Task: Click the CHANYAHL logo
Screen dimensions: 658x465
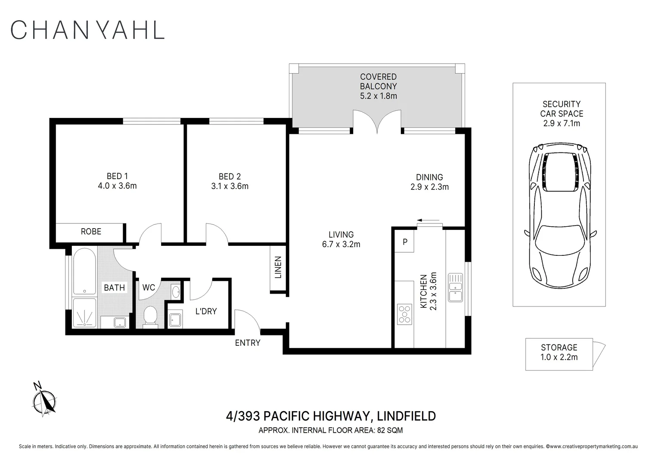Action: click(x=87, y=30)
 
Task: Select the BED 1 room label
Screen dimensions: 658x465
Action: click(x=117, y=176)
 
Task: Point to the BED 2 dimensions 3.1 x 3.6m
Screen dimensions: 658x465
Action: click(x=230, y=186)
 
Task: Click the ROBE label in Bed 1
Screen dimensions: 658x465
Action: click(x=91, y=232)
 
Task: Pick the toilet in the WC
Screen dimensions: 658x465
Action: click(x=150, y=317)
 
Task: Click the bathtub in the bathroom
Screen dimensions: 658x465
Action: click(x=84, y=271)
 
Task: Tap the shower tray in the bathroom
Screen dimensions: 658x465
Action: click(x=84, y=313)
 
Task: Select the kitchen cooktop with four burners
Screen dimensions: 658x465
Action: click(x=404, y=314)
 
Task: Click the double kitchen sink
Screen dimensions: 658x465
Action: click(x=455, y=288)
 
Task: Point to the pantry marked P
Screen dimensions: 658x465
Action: click(x=404, y=242)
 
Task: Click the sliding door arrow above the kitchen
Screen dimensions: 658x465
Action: click(x=428, y=220)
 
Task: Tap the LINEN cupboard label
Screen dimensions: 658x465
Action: click(x=278, y=267)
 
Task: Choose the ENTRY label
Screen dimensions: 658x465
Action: click(x=248, y=343)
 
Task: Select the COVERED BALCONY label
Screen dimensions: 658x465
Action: click(x=379, y=81)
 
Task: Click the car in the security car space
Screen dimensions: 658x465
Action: click(x=560, y=216)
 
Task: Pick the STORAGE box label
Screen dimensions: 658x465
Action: click(x=559, y=347)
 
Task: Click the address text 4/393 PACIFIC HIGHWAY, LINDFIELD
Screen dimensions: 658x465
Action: click(x=331, y=416)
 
